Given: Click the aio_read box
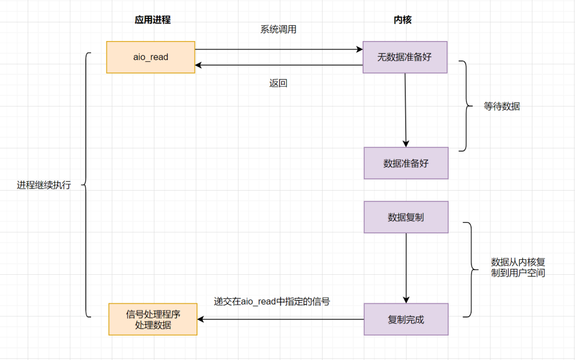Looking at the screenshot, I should pos(151,57).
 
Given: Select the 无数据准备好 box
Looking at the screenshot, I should pos(405,57).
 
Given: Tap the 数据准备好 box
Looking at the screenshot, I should pos(406,163).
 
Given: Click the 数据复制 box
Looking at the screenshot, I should pos(406,217).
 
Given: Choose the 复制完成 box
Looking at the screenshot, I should pos(406,320).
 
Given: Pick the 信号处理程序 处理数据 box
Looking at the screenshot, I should pos(153,320).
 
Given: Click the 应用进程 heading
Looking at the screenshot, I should pos(153,20).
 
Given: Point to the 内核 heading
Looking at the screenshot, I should pos(402,20).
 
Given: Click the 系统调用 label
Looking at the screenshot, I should pos(278,30).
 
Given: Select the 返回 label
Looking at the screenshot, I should pos(278,84).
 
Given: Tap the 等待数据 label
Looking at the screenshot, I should pos(502,107).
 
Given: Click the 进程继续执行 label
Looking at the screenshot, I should pos(44,185).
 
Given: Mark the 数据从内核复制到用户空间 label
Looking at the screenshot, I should pos(517,267).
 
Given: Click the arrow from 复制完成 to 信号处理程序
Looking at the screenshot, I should pos(281,320).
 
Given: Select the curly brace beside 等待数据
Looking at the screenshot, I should pos(466,105).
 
